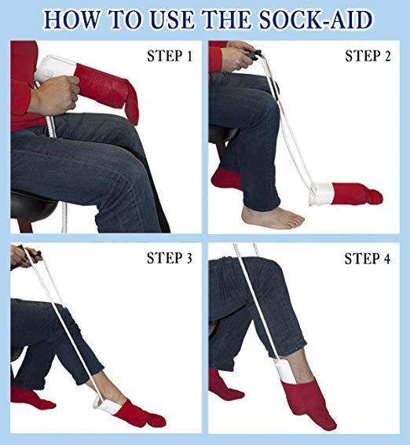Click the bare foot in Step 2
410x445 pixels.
(271, 217)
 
